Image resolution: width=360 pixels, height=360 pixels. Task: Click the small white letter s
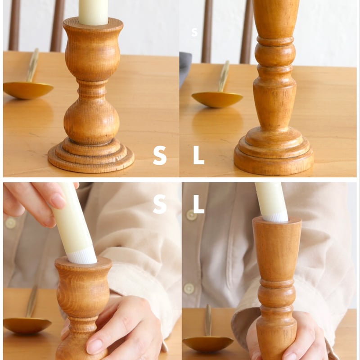[194, 32]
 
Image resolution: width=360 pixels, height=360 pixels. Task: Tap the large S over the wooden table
[160, 155]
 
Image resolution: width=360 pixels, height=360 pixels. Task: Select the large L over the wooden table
[198, 155]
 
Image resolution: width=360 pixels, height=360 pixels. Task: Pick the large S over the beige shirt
[160, 204]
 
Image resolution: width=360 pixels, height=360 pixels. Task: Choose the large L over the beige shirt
[198, 204]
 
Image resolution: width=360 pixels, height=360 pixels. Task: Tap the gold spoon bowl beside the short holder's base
[27, 90]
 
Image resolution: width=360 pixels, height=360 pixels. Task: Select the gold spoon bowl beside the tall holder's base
[217, 99]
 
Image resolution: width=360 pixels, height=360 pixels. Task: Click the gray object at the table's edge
[185, 69]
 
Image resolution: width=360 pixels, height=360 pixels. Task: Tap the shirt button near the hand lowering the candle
[10, 223]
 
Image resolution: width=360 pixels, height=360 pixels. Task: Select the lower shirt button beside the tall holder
[189, 289]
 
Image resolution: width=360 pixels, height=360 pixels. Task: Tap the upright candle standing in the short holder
[93, 12]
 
